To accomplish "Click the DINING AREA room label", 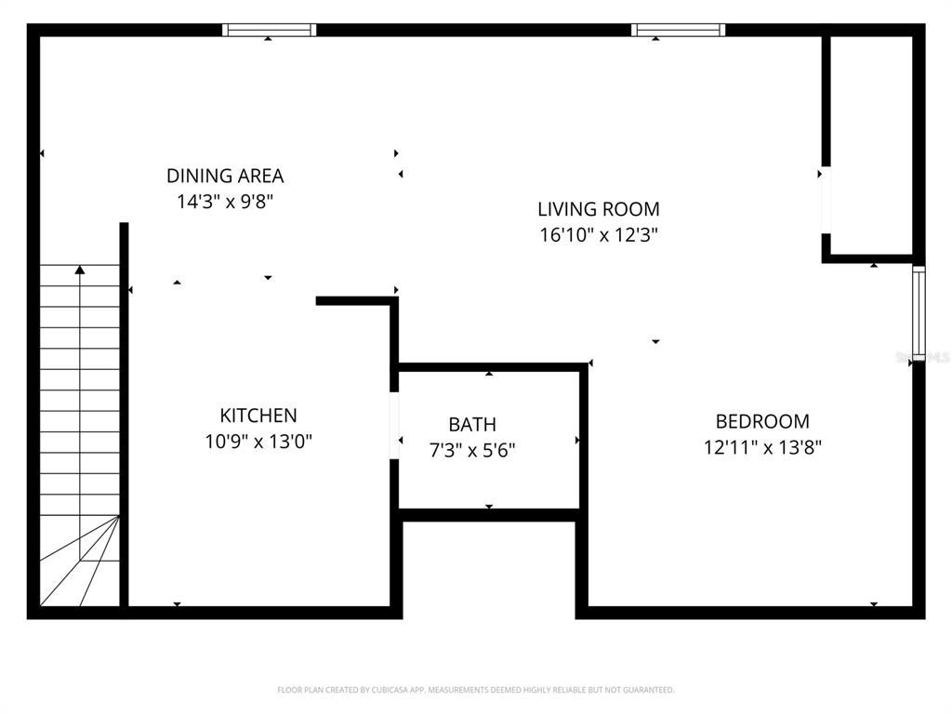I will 225,176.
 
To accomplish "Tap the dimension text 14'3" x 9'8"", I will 225,202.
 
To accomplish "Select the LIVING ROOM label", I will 599,209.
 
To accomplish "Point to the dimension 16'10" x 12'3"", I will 599,235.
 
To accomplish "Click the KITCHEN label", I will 258,416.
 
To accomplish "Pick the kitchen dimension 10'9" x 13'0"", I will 258,442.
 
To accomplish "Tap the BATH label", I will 472,425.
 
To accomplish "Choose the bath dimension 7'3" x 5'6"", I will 472,451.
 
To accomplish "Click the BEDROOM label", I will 762,421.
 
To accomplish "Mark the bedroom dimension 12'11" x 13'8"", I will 762,447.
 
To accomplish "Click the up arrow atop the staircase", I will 80,271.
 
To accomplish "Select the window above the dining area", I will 270,30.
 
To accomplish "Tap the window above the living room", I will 679,30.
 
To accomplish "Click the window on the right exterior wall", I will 919,312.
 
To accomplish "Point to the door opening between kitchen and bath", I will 394,426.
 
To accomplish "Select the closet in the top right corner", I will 870,144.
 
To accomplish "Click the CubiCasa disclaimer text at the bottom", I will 476,690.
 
